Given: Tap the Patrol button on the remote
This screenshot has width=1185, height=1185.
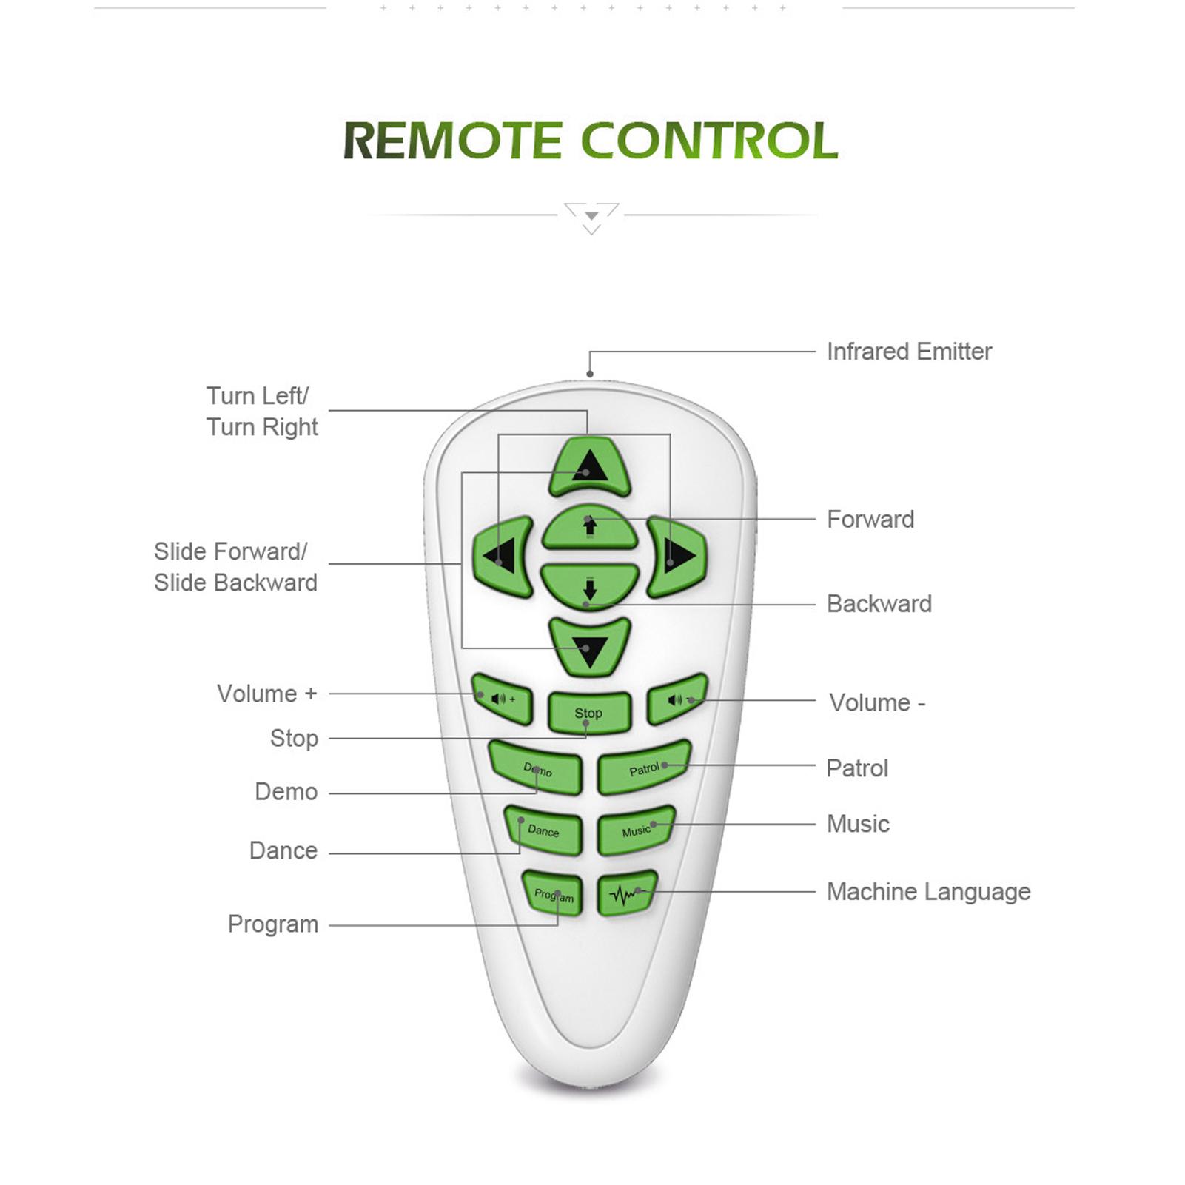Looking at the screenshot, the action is [644, 768].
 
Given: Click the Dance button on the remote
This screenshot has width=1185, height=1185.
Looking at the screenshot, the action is [543, 830].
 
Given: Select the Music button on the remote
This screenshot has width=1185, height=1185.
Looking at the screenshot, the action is [637, 830].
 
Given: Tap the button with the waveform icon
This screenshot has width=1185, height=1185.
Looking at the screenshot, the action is [627, 893].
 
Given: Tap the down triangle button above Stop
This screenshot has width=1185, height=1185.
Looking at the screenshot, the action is [590, 647].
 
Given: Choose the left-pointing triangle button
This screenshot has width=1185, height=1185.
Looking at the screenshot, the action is [503, 557].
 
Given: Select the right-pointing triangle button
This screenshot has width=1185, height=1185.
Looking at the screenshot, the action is [677, 557].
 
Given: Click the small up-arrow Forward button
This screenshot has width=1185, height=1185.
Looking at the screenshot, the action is [590, 527].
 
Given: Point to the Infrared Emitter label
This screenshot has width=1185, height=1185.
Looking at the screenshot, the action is [909, 352].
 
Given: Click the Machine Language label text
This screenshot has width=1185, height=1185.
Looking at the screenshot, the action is [928, 892].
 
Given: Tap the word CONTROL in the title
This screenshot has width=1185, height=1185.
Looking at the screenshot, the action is [708, 141].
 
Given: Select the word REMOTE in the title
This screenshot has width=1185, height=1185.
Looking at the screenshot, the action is [453, 141].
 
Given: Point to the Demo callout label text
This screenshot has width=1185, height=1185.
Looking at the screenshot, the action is [286, 792].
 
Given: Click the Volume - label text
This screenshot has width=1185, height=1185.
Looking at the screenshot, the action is [877, 702].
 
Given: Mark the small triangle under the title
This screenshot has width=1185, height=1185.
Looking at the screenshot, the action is [591, 216].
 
